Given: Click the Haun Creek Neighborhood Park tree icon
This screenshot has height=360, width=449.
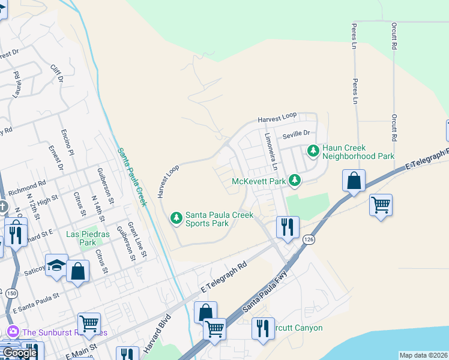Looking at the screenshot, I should tap(312, 151).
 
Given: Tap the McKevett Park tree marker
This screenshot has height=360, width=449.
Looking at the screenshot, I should tap(294, 180).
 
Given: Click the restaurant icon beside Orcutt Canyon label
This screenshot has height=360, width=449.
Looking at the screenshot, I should tap(263, 329).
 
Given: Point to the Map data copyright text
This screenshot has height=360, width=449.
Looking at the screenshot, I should tap(423, 355).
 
